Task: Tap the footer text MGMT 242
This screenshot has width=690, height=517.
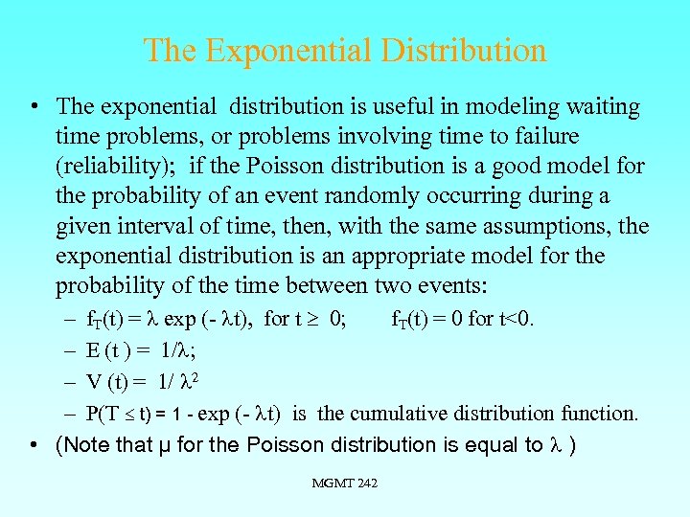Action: [x=344, y=483]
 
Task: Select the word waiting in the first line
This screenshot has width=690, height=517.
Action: [x=604, y=107]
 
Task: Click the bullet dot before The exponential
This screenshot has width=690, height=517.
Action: [x=34, y=107]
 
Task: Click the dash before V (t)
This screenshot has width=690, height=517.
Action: [x=71, y=381]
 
